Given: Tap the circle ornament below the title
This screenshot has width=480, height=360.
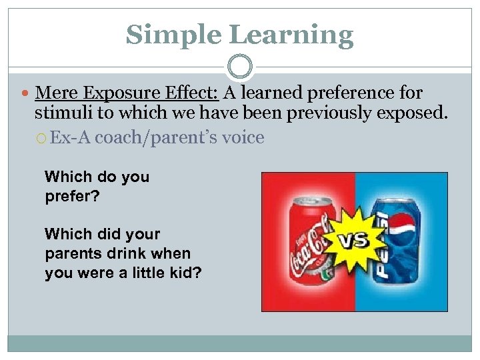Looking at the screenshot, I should click(x=240, y=67).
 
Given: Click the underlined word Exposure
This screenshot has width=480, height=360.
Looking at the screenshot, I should click(x=114, y=93).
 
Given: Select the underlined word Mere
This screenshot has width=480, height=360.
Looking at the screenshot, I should click(x=53, y=93).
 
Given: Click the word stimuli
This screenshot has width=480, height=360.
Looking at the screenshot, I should click(x=62, y=113).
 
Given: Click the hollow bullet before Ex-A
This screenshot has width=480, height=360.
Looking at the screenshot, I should click(x=42, y=139).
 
